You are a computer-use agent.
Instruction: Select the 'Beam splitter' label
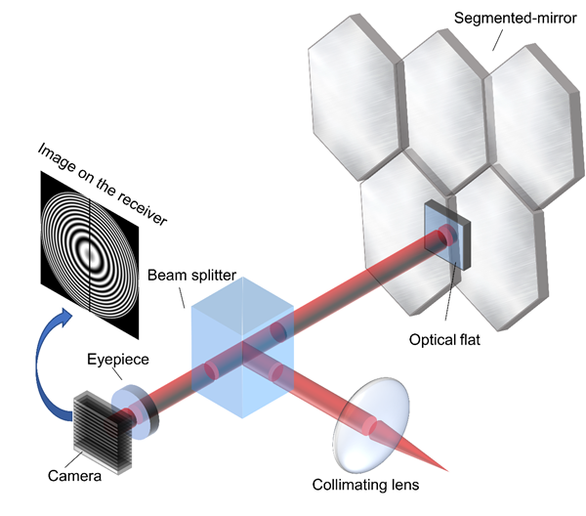click(191, 277)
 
